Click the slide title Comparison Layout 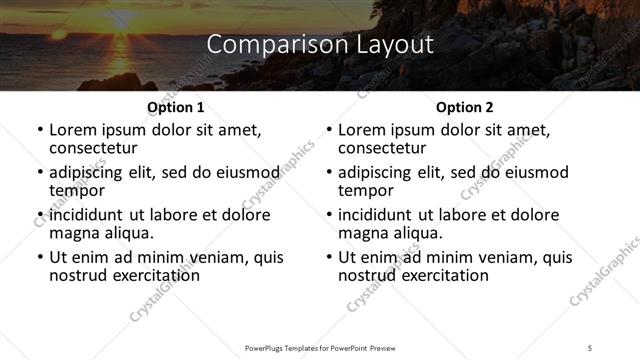click(x=320, y=45)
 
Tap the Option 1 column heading click(x=175, y=107)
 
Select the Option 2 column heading click(x=464, y=107)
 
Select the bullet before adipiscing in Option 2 click(x=330, y=173)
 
